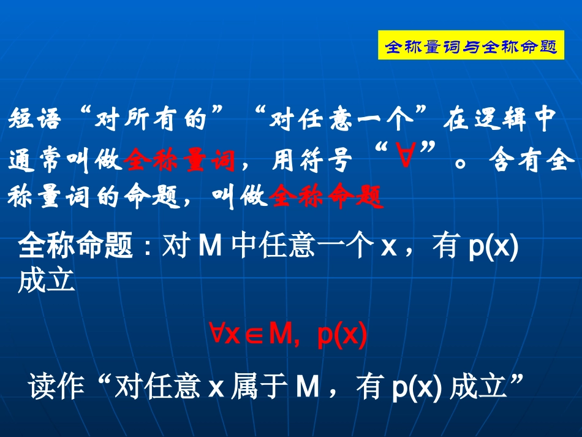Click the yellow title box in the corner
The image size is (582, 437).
(x=471, y=46)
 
